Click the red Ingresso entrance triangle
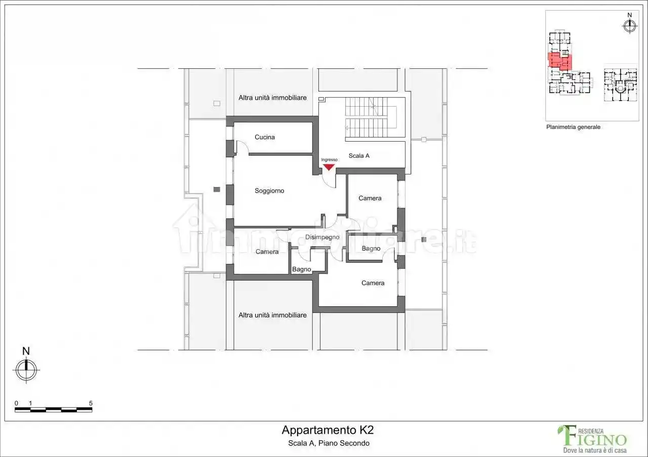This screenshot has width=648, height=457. tap(329, 167)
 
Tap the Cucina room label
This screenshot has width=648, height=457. tap(264, 137)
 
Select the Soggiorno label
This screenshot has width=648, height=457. tap(269, 191)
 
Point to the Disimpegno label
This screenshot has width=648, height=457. tap(322, 237)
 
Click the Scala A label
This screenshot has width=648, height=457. tap(359, 156)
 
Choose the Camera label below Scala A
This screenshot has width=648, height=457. tap(370, 198)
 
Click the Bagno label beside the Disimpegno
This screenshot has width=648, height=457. tap(371, 248)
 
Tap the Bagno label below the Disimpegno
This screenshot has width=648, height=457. tap(301, 269)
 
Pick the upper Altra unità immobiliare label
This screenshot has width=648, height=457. tap(272, 98)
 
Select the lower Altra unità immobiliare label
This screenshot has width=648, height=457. tap(272, 315)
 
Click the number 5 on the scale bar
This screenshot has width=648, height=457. tap(91, 403)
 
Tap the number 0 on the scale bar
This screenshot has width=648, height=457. tap(16, 403)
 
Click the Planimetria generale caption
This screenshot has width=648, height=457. tap(573, 127)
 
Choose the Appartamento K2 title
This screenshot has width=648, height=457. tap(328, 430)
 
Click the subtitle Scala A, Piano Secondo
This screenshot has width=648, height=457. tap(329, 443)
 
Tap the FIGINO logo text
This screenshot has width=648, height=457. tap(593, 438)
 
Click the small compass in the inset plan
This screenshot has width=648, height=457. tap(629, 26)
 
